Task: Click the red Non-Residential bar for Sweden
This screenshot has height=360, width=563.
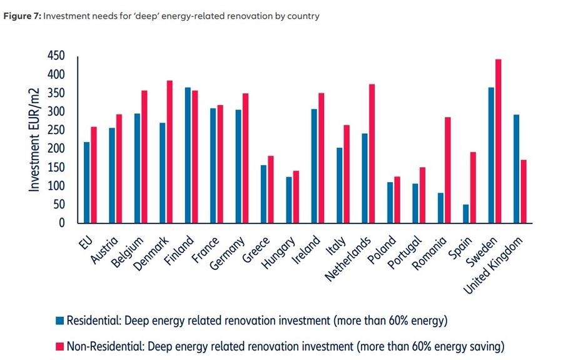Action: pyautogui.click(x=499, y=141)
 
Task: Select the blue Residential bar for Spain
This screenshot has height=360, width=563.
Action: pyautogui.click(x=465, y=213)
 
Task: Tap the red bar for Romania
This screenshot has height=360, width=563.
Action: pyautogui.click(x=448, y=170)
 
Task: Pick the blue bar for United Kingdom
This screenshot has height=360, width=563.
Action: pyautogui.click(x=516, y=168)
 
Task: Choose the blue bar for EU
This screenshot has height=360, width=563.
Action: pyautogui.click(x=86, y=182)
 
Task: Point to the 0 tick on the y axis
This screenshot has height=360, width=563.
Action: pyautogui.click(x=62, y=223)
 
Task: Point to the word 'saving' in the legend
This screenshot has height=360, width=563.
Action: pyautogui.click(x=489, y=346)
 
